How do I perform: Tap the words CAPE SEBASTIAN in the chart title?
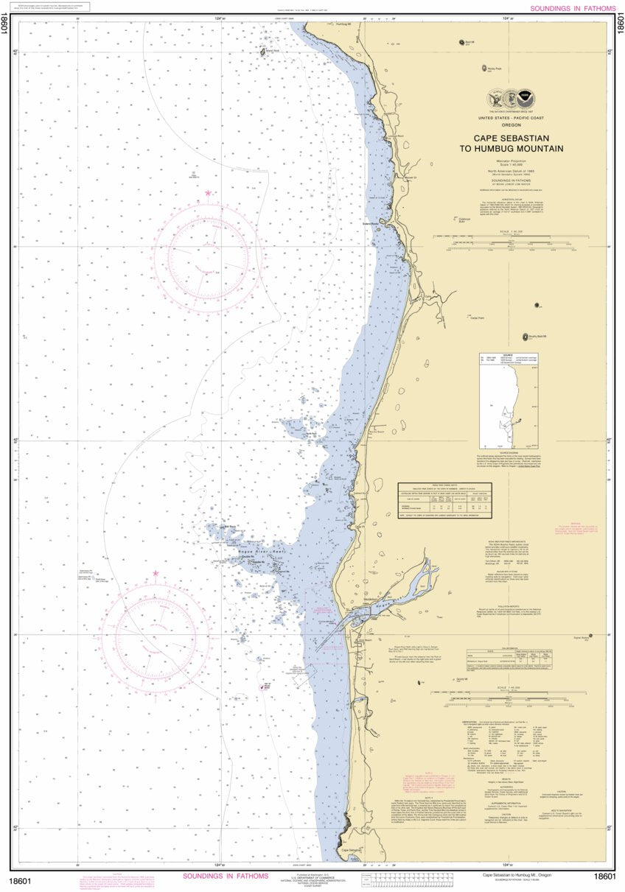pos(519,138)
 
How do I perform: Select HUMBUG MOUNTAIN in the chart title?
pos(519,148)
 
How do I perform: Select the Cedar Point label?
pos(477,318)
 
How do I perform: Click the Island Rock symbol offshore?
pos(262,52)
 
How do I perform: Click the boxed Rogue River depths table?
pos(455,500)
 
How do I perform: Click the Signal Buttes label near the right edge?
pos(582,638)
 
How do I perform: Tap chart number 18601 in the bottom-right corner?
pos(604,876)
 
